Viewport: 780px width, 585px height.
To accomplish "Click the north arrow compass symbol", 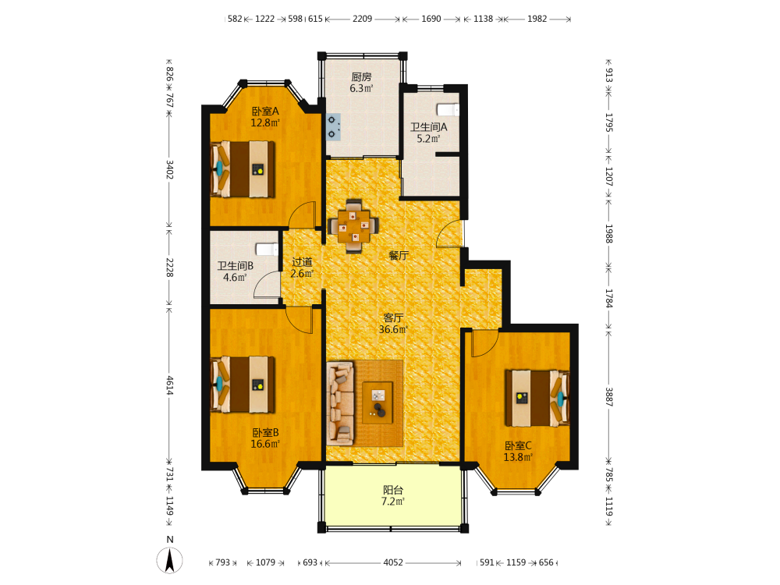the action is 169,559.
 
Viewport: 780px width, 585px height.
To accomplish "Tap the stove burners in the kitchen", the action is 333,127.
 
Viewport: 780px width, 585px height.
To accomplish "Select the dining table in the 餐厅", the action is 353,226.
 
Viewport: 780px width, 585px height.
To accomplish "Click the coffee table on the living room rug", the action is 378,402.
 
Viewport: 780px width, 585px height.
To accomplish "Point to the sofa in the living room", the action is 340,403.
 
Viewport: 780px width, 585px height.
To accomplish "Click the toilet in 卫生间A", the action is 448,109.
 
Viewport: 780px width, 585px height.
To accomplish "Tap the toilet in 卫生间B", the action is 267,250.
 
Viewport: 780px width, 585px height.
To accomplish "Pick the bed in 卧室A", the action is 243,169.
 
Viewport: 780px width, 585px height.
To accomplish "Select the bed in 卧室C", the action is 537,398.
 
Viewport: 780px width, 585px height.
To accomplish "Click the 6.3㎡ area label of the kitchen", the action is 361,89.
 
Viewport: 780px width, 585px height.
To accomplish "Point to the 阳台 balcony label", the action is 393,490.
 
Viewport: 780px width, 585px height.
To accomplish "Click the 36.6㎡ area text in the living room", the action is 393,329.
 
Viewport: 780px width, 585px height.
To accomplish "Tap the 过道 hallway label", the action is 302,261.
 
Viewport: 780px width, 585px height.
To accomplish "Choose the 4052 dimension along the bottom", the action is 393,562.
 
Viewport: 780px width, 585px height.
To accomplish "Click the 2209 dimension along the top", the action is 362,19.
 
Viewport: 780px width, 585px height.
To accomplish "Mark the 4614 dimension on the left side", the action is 169,385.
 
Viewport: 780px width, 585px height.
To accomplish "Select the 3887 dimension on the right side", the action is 609,397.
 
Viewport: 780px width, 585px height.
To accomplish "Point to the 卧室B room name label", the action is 265,433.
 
